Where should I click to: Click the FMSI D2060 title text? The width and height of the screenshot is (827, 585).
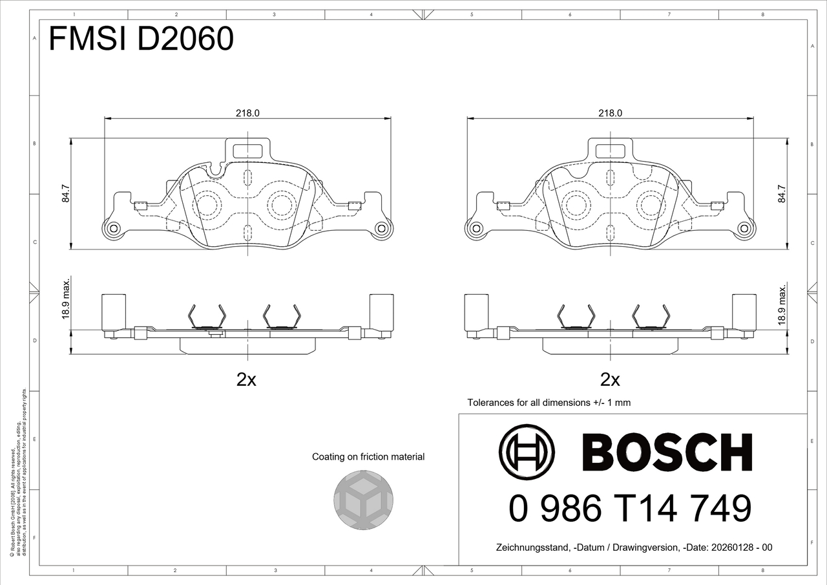[x=141, y=38]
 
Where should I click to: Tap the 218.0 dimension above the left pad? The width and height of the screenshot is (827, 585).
[x=247, y=113]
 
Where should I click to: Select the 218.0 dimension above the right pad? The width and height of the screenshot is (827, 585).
[x=611, y=113]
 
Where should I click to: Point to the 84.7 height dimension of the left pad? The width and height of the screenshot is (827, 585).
[x=66, y=193]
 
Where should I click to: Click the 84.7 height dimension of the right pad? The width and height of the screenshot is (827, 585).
[x=782, y=193]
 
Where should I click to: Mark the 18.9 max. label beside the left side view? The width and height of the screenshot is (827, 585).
[x=66, y=299]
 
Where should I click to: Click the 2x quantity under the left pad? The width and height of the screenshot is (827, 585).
[x=246, y=379]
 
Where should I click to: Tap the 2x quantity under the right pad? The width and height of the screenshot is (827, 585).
[x=611, y=379]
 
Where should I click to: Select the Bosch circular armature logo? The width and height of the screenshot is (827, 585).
[x=527, y=452]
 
